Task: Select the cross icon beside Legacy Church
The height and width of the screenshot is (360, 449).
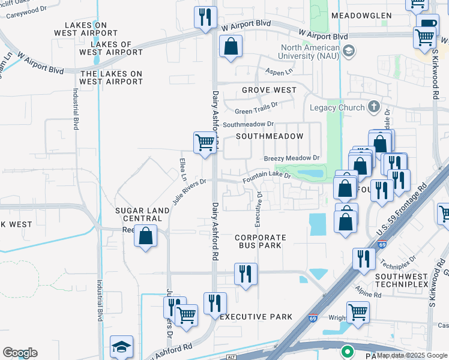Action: coord(373,107)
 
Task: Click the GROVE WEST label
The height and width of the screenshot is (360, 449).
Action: coord(269,90)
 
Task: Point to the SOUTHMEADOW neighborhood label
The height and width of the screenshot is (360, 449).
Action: coord(270,136)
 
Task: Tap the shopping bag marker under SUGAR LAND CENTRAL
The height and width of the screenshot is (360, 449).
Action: coord(146,236)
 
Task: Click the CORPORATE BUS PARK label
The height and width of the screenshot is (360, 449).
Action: coord(260,242)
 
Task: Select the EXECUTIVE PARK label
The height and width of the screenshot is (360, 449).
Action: coord(256,316)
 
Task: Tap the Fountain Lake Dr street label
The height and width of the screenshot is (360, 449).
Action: coord(267,177)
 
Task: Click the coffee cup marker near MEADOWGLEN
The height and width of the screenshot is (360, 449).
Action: coord(427,23)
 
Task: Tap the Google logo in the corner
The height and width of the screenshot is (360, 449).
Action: coord(20,353)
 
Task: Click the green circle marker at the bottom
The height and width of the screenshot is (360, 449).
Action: coord(347,352)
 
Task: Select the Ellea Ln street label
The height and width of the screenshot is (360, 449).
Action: coord(182,169)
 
